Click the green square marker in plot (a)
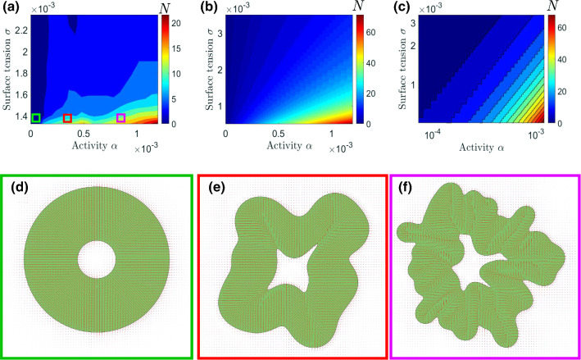36,118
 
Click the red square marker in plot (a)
68,118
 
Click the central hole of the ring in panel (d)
97,262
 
